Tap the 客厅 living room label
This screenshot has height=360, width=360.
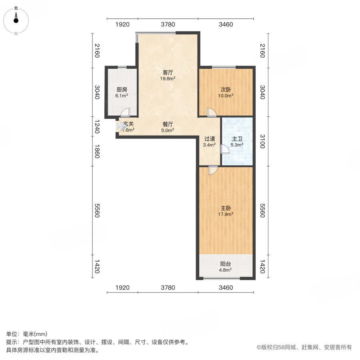click(168, 72)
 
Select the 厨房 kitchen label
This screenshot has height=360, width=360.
click(122, 90)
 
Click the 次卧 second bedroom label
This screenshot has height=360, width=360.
click(226, 90)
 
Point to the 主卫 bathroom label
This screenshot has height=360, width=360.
click(238, 139)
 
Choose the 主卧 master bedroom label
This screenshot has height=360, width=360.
click(226, 208)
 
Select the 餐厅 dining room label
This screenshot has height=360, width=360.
click(168, 124)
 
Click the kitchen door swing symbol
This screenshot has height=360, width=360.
click(126, 113)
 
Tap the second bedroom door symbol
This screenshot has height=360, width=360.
click(211, 113)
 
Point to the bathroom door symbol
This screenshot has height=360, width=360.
click(224, 149)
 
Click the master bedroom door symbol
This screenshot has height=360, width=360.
click(212, 170)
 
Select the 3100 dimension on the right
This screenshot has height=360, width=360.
click(262, 141)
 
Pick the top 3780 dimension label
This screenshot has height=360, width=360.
click(168, 25)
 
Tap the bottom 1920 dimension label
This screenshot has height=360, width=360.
click(122, 287)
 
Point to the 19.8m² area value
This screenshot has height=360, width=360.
click(168, 79)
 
